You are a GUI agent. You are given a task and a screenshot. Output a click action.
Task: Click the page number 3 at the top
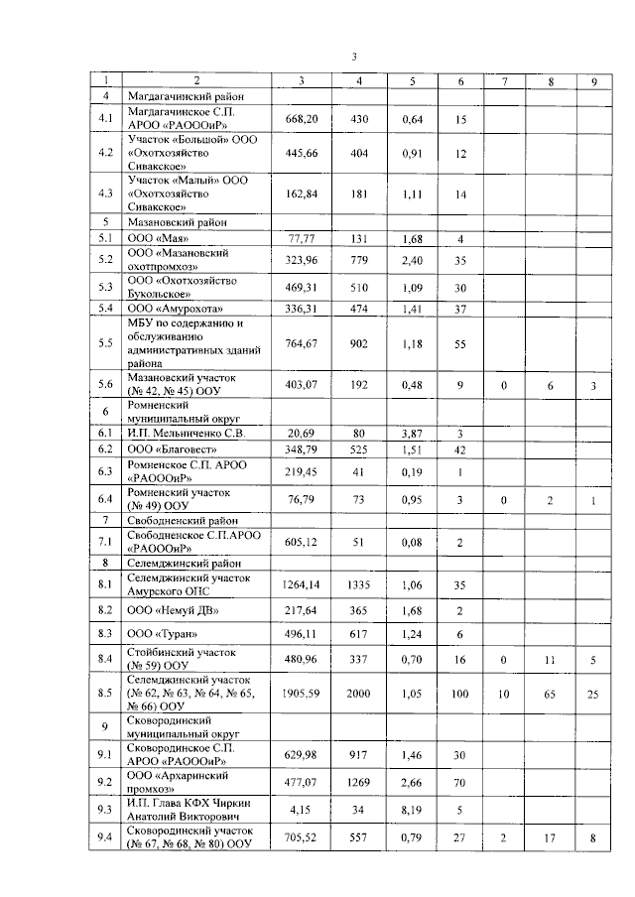pyautogui.click(x=354, y=57)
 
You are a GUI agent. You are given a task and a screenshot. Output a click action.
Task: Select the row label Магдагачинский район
pyautogui.click(x=186, y=96)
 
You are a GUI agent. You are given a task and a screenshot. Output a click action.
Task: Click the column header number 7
pyautogui.click(x=503, y=80)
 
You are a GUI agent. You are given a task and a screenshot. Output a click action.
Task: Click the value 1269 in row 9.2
pyautogui.click(x=359, y=781)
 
